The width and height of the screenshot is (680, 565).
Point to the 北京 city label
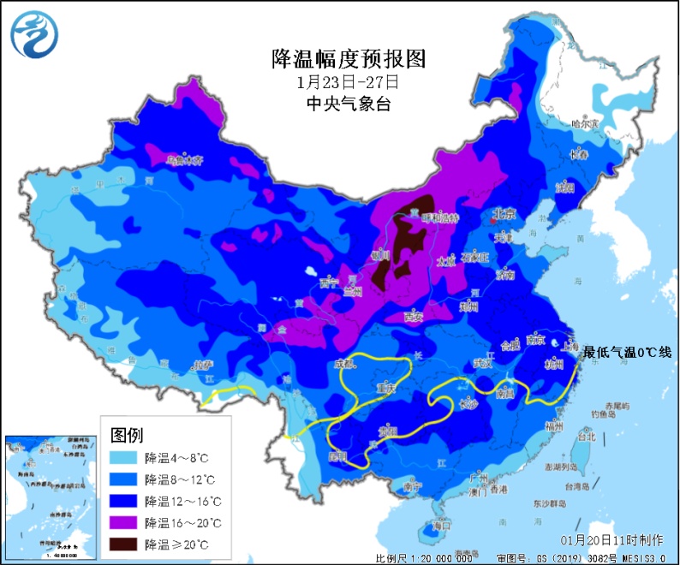click(503, 214)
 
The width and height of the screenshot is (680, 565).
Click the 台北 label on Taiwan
click(587, 437)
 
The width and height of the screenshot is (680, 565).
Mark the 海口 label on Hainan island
click(442, 529)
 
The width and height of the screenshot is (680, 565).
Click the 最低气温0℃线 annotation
click(628, 352)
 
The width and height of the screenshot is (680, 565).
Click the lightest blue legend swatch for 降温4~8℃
click(126, 457)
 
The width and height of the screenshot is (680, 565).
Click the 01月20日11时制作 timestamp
click(611, 540)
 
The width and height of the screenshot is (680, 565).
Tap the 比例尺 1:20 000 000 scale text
click(423, 558)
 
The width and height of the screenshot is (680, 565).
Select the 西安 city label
click(415, 316)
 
